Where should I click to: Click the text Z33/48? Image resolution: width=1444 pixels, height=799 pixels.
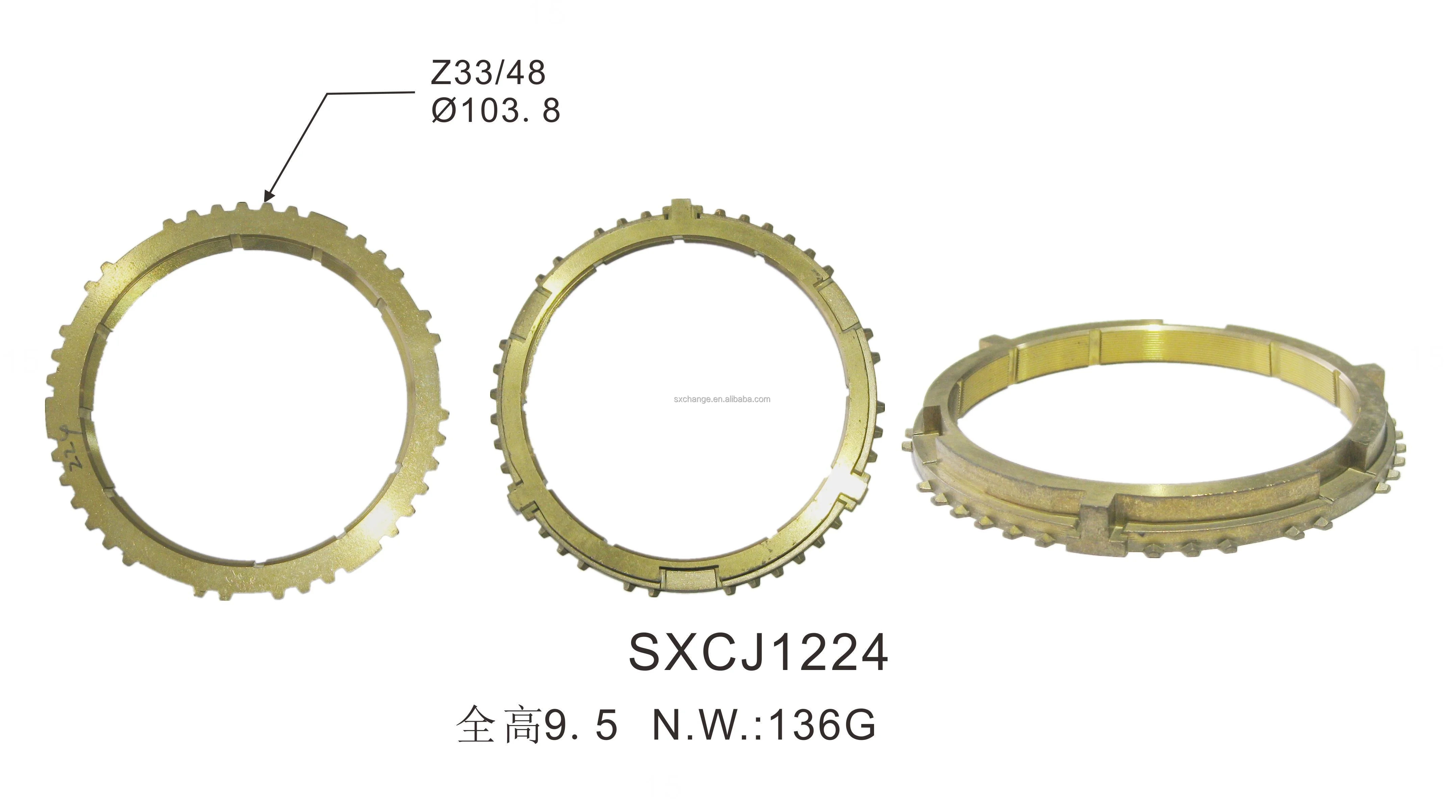coord(488,73)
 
